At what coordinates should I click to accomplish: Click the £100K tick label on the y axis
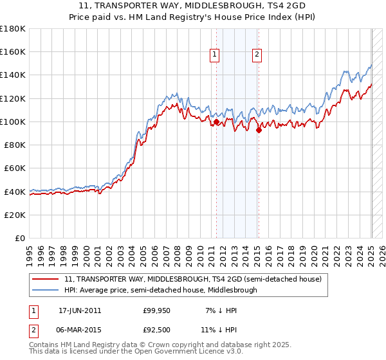tap(14, 122)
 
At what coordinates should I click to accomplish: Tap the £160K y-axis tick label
tap(14, 51)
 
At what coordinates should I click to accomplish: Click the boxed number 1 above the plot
tap(214, 55)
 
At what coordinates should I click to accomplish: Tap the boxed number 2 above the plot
tap(257, 55)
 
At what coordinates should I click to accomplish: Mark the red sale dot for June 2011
tap(216, 122)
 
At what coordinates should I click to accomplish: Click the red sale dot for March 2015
tap(259, 130)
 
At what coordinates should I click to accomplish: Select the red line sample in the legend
tap(46, 279)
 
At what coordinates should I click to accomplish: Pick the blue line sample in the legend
tap(46, 290)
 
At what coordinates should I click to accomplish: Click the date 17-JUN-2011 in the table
tap(80, 310)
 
